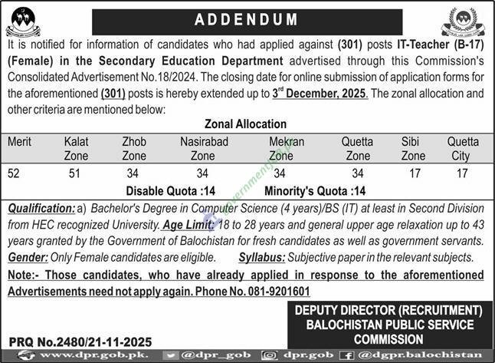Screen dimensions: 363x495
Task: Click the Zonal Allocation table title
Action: tap(245, 124)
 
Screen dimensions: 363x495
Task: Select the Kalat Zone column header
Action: tap(77, 149)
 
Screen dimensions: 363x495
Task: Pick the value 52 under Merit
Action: tap(14, 173)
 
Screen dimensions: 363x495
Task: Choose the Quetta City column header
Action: tap(462, 149)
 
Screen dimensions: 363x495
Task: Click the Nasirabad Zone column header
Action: tap(202, 149)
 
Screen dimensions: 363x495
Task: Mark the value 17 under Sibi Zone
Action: tap(415, 173)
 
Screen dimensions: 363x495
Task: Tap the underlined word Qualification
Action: tap(40, 207)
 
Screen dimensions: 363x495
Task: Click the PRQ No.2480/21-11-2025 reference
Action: tap(80, 341)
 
